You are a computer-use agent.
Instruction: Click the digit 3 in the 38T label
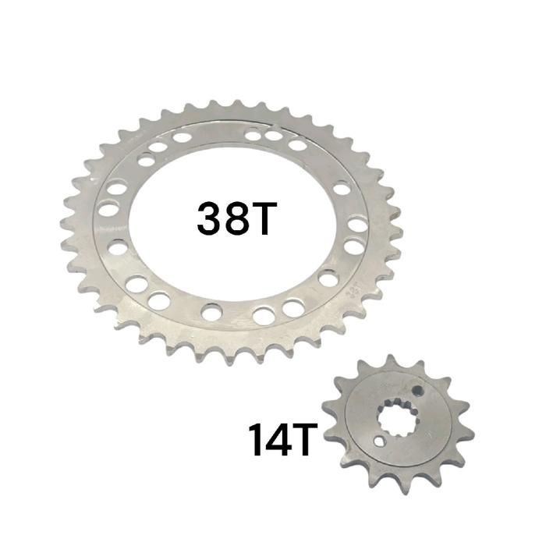tap(210, 218)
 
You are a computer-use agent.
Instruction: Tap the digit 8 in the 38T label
tap(237, 218)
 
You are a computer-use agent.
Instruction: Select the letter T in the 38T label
tap(264, 218)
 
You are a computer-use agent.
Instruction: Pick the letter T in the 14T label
tap(305, 439)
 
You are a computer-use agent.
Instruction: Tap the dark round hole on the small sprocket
tap(417, 391)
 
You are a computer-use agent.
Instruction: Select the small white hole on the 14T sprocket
tap(380, 441)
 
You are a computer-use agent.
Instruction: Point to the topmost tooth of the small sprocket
tap(391, 362)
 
